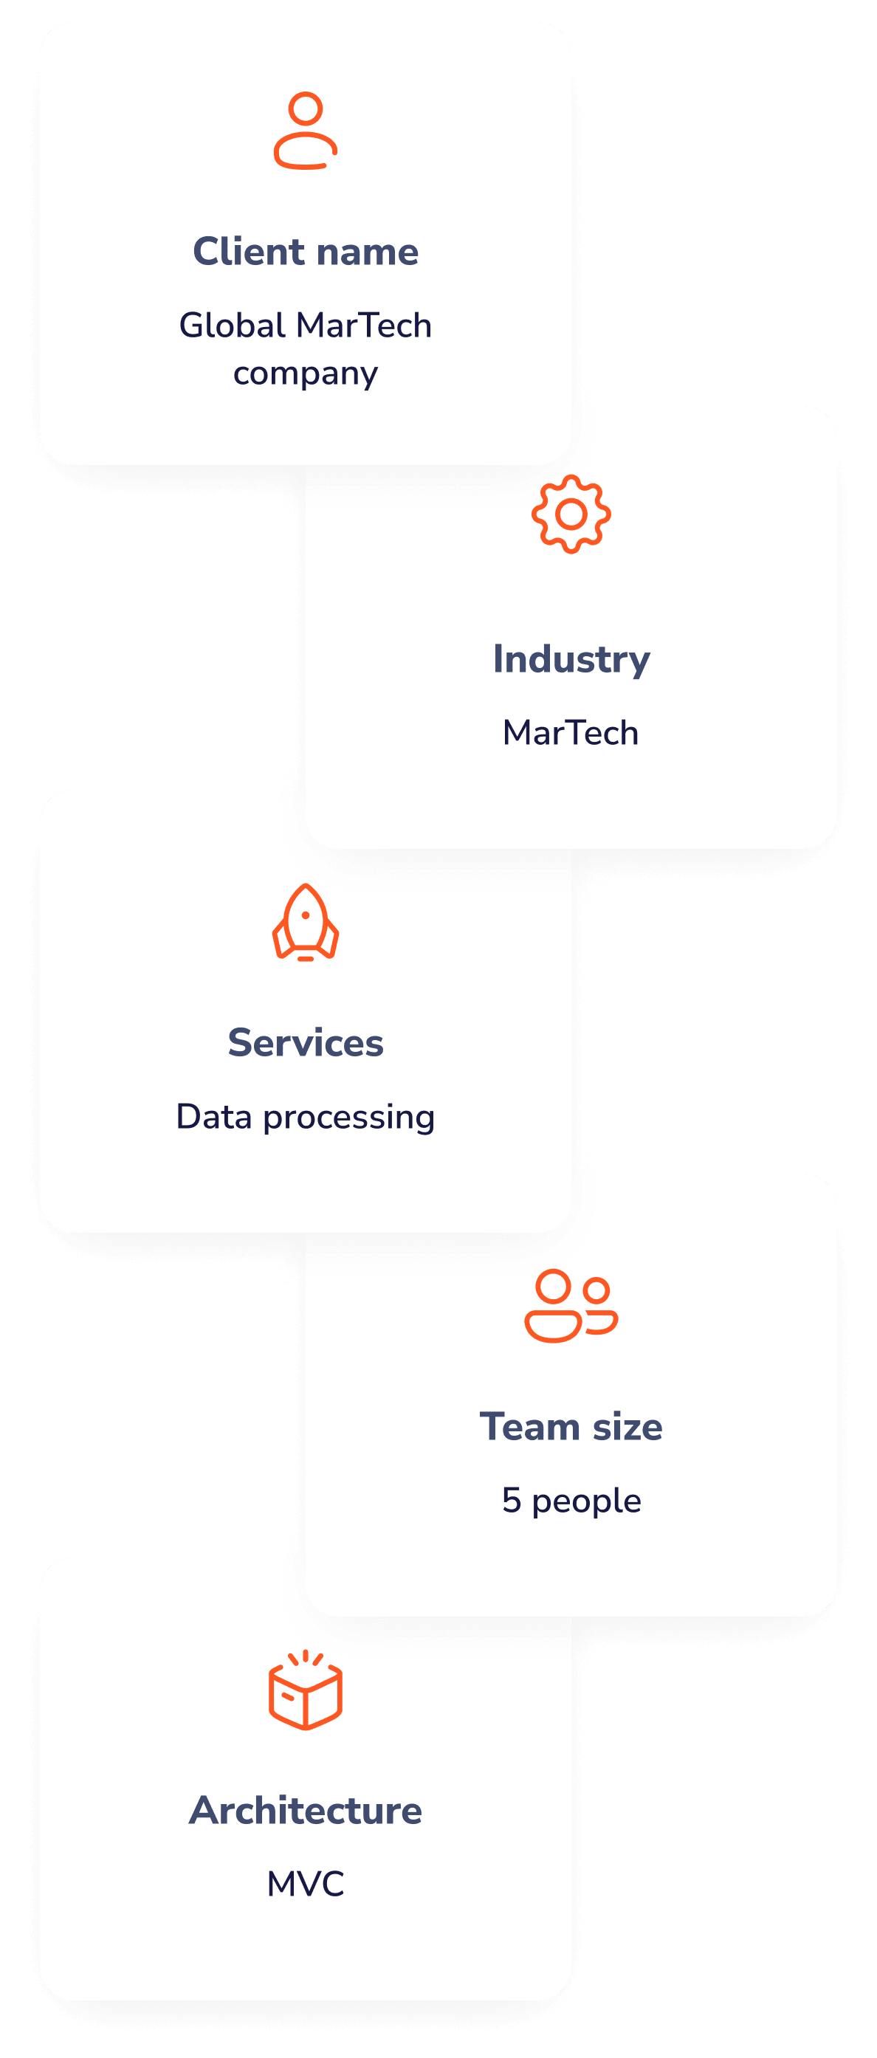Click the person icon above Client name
[x=305, y=131]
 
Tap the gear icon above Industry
[x=571, y=514]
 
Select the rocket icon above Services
[x=305, y=922]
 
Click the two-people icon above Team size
[x=571, y=1305]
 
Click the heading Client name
[x=305, y=252]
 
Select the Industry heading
[x=571, y=659]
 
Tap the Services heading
[x=305, y=1042]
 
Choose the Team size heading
[x=571, y=1427]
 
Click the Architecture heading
[x=305, y=1810]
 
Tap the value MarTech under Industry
[x=571, y=732]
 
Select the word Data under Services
[x=214, y=1117]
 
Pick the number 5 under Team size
[x=511, y=1501]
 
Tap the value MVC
[x=305, y=1884]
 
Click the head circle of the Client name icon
[x=305, y=108]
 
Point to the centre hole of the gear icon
[x=571, y=514]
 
